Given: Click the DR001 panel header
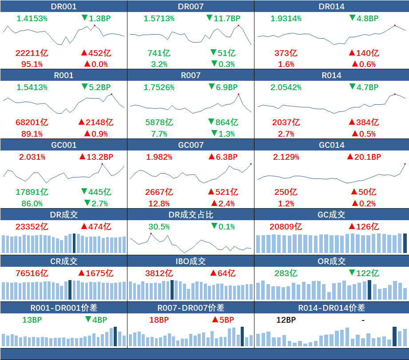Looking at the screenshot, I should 64,6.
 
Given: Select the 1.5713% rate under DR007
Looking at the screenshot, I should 159,19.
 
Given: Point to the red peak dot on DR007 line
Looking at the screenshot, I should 238,25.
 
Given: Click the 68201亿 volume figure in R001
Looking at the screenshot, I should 32,122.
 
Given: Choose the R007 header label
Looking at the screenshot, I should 191,75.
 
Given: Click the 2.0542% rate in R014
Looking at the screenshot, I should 286,87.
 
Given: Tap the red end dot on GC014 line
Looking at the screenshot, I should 405,164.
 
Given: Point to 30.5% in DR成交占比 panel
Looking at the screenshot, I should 159,226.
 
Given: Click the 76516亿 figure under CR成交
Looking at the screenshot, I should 32,273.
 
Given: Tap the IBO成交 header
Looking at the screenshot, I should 191,261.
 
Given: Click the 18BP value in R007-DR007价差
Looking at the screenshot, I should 159,320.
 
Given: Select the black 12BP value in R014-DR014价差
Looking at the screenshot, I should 286,320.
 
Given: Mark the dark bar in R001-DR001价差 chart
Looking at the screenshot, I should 115,336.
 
